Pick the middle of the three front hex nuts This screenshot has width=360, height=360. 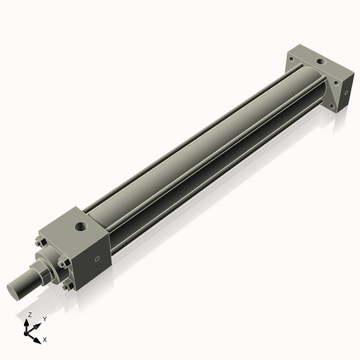63,263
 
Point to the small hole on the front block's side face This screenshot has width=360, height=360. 97,259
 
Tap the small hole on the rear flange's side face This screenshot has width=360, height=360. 346,93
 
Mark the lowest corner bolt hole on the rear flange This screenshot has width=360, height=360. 332,106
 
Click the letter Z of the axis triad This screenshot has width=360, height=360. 30,314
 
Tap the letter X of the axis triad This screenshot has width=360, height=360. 45,340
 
